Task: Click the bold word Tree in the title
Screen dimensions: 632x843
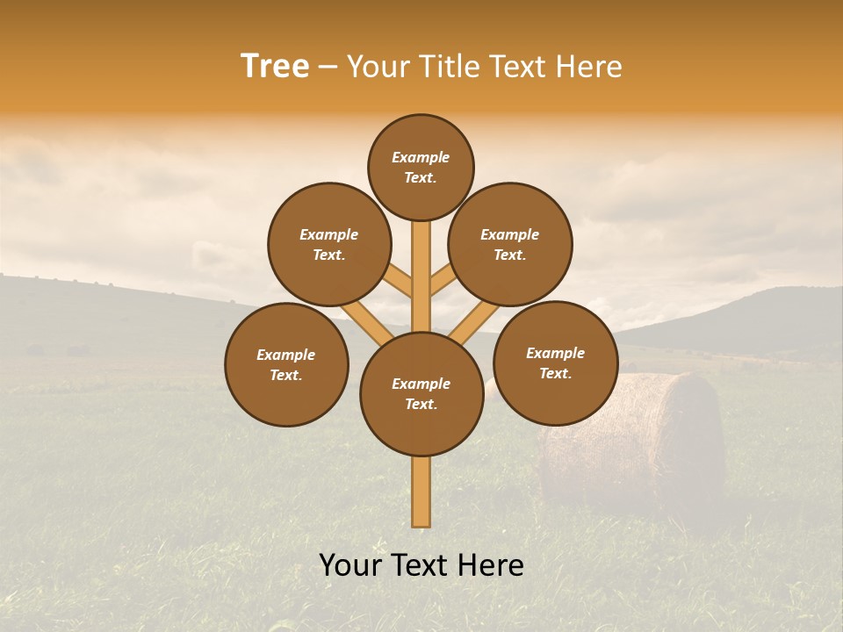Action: (275, 67)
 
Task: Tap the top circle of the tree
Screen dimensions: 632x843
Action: (421, 167)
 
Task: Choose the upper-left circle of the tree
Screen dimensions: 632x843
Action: (329, 244)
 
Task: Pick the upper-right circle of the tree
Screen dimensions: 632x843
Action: (510, 244)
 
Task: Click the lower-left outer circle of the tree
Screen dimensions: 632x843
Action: (286, 364)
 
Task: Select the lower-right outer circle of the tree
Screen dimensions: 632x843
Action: (556, 363)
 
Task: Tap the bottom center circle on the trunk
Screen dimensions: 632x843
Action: (421, 393)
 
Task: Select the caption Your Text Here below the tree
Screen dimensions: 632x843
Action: (421, 564)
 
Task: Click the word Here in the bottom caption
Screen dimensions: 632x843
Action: (491, 564)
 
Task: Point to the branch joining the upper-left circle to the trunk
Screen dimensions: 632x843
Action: (399, 283)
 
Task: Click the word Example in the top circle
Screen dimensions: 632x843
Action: (421, 157)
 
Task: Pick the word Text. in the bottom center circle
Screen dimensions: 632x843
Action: (421, 404)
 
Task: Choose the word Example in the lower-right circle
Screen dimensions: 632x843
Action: (555, 353)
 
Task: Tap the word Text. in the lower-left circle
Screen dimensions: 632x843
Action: (286, 375)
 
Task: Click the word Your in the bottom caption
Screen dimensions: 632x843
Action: (350, 564)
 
